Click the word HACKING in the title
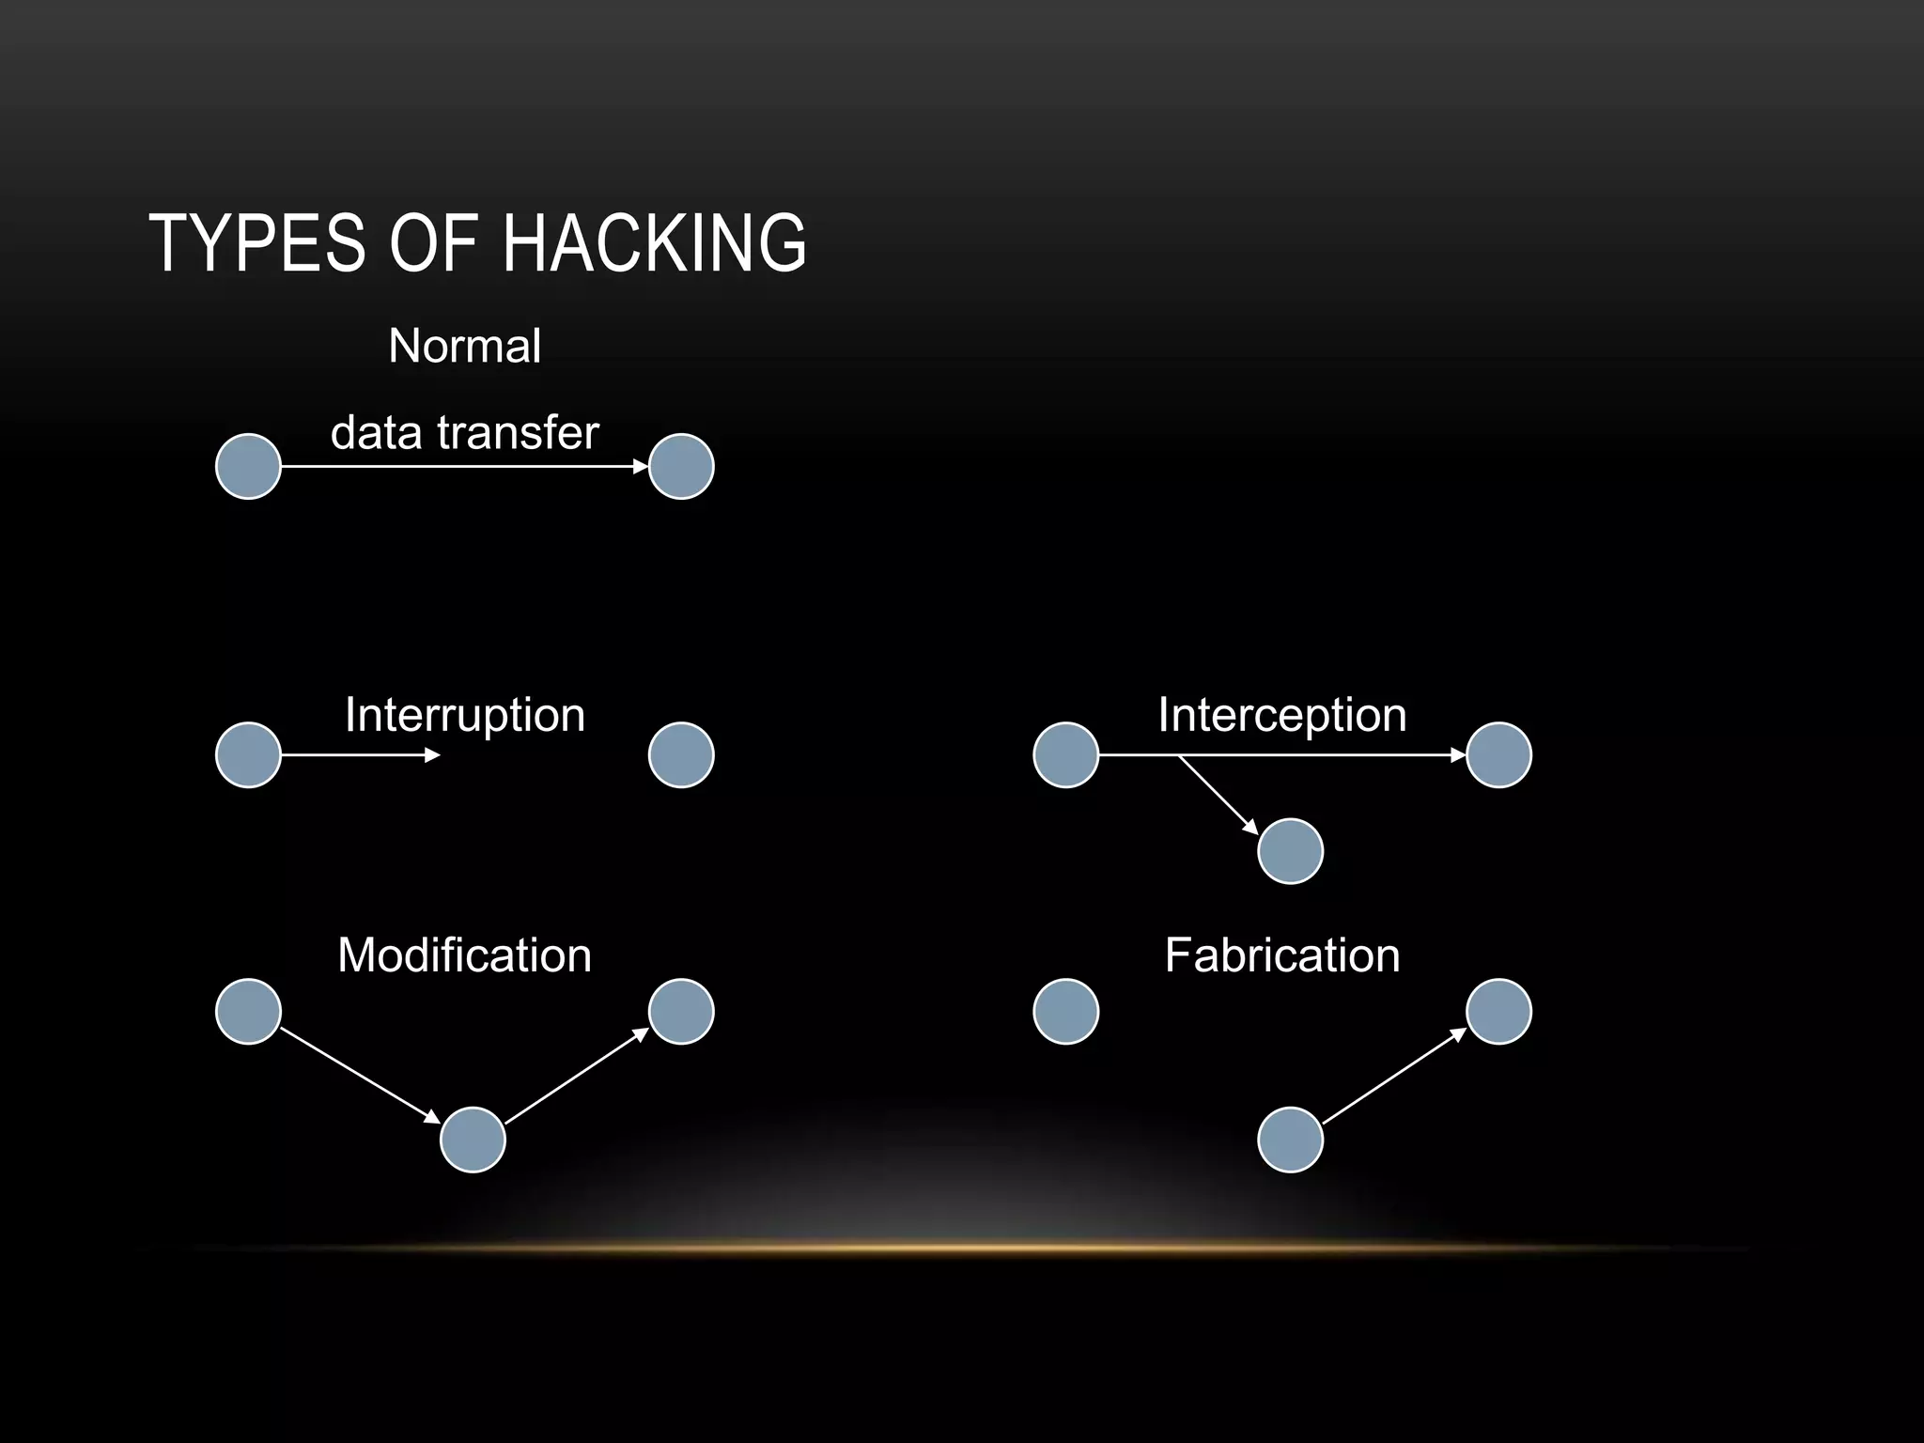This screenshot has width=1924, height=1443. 654,243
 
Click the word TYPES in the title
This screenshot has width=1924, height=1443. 256,243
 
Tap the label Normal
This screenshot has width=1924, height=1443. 465,346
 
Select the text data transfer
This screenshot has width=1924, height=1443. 465,433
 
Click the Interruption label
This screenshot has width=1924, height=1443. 465,715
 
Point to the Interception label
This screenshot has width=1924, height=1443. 1282,715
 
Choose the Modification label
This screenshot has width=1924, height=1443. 465,955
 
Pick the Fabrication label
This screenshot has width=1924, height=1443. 1282,955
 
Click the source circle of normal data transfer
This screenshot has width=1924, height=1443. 249,466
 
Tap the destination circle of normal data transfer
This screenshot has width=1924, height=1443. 681,466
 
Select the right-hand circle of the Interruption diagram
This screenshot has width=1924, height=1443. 681,754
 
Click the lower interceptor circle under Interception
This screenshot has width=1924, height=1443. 1290,851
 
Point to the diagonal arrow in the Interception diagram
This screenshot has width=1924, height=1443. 1218,795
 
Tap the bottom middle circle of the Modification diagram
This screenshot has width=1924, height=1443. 473,1140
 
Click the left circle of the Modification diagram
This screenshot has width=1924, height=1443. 249,1012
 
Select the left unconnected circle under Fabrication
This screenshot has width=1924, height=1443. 1066,1012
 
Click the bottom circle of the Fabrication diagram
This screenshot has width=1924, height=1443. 1290,1140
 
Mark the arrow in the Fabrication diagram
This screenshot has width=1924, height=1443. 1394,1076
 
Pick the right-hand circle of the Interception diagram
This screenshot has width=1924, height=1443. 1498,754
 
